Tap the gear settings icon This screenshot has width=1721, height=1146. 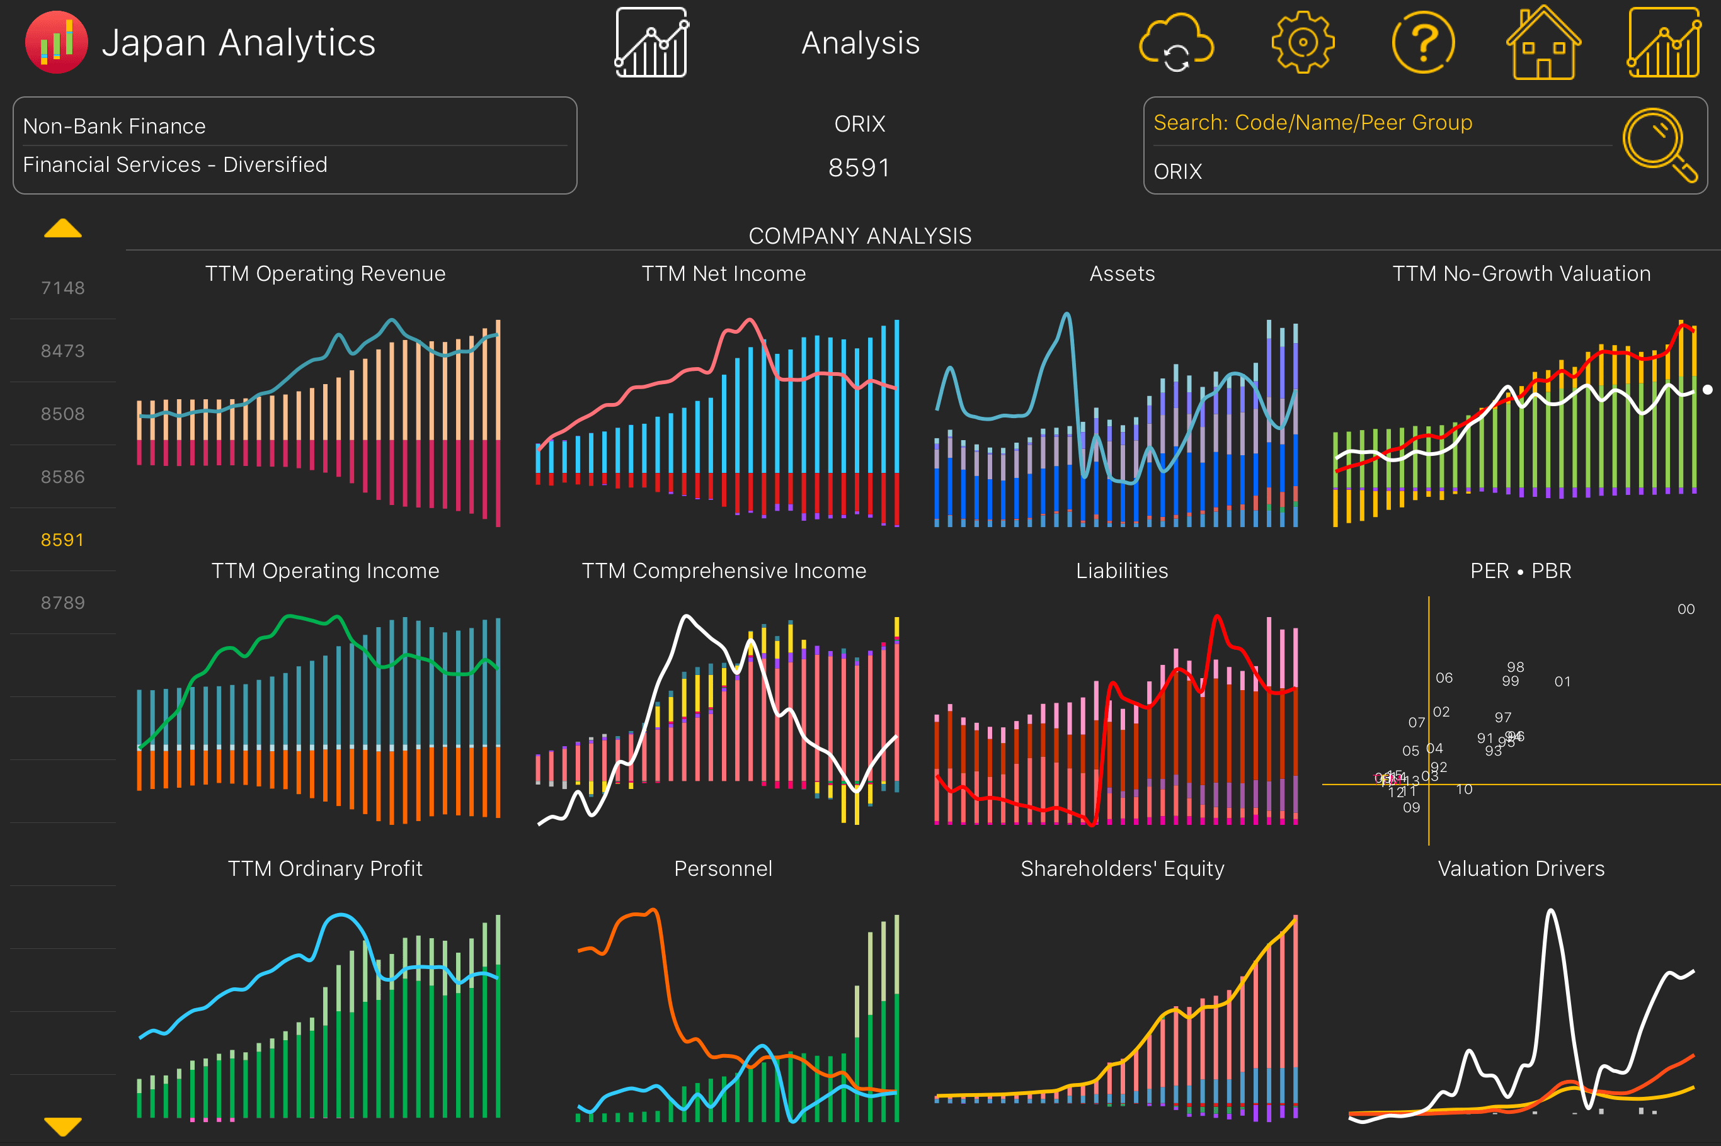(x=1302, y=42)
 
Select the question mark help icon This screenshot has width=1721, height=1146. (x=1422, y=42)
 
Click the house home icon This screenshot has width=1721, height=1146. (x=1543, y=42)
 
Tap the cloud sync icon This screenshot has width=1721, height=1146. (x=1176, y=42)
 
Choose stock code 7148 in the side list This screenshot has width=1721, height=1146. (x=63, y=288)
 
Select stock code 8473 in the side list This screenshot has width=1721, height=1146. (x=63, y=351)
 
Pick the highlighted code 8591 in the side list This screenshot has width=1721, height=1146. (x=63, y=540)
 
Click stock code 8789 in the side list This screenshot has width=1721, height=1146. (x=63, y=602)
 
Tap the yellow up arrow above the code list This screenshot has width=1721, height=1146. (x=63, y=229)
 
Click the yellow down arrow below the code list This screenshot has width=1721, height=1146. (x=63, y=1126)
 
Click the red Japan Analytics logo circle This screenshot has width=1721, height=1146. (x=56, y=42)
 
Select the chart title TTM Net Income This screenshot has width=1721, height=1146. (x=723, y=273)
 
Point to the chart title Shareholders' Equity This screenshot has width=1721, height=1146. (x=1121, y=868)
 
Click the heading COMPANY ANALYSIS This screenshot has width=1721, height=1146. (x=860, y=236)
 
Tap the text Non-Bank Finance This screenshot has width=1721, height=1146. (x=114, y=126)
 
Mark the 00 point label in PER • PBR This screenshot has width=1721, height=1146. (x=1686, y=609)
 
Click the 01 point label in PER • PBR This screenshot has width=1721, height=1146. (x=1562, y=681)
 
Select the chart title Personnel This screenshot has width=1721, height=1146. (x=723, y=868)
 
